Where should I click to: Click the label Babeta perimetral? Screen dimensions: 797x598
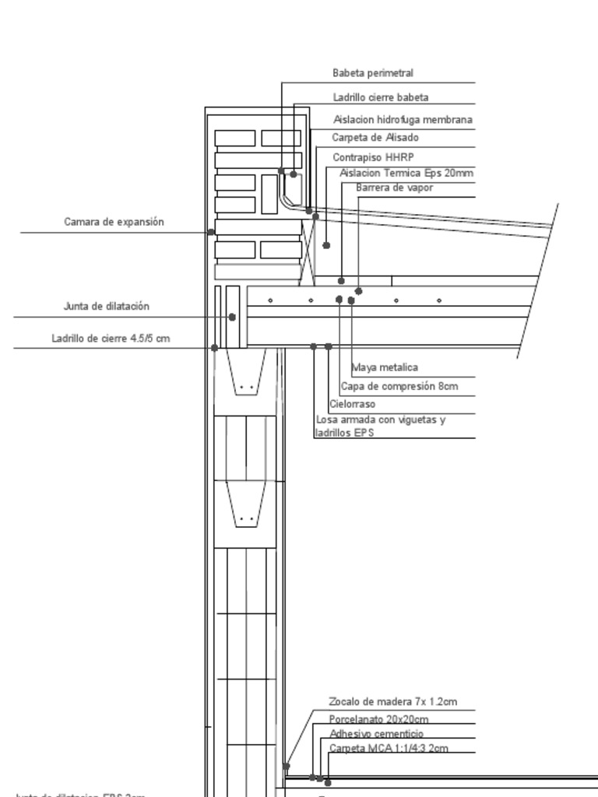click(372, 73)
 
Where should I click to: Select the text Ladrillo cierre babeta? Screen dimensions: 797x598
click(381, 98)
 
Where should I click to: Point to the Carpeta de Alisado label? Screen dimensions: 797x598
click(375, 138)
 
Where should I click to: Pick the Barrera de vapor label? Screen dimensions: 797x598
click(394, 188)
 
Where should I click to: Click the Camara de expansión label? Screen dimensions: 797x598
click(114, 222)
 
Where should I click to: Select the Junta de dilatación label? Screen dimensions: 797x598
click(106, 307)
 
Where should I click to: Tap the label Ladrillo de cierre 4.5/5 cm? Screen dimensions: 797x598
click(111, 339)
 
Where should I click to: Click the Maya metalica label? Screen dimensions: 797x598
click(385, 367)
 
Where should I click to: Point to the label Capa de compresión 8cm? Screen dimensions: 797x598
click(399, 386)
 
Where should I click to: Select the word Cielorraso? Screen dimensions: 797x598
click(352, 404)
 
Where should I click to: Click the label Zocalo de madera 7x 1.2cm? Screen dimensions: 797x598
click(392, 702)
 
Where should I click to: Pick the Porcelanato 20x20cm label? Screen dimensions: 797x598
click(378, 719)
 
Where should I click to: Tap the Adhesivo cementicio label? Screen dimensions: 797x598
click(376, 734)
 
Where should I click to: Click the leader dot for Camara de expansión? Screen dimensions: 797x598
click(211, 232)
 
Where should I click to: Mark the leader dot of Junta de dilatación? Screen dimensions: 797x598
click(233, 318)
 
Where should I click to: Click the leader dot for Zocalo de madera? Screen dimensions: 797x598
click(287, 767)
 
